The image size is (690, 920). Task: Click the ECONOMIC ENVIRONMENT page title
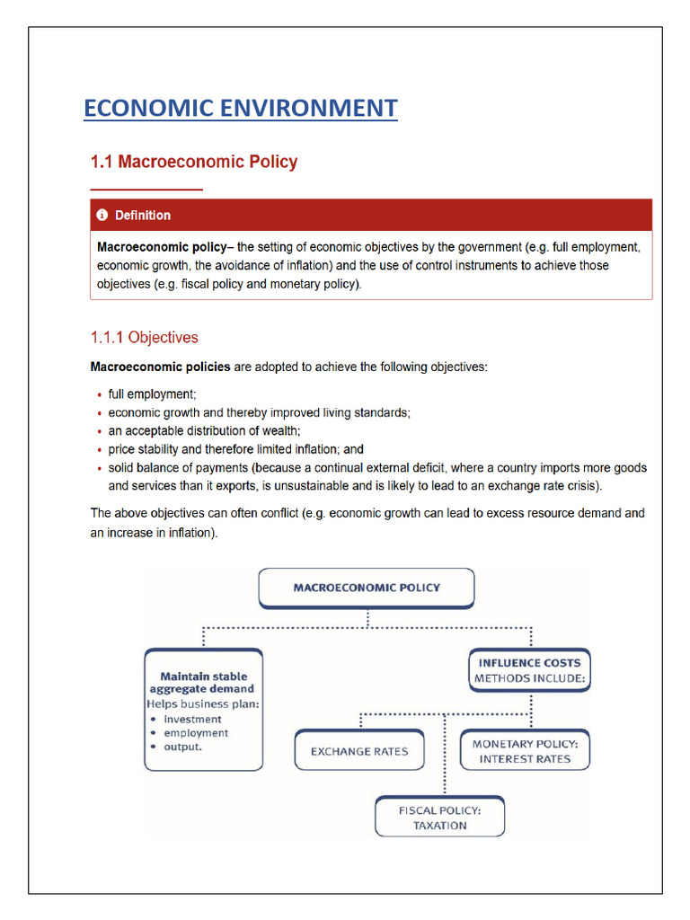click(240, 109)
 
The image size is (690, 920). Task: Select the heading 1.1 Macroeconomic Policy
click(193, 162)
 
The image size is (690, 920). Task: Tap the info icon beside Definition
click(102, 216)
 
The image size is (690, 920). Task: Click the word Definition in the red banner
click(142, 216)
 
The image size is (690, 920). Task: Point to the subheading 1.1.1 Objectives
click(144, 338)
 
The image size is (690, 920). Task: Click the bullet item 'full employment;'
click(151, 394)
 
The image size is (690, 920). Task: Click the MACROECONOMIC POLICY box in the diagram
click(367, 588)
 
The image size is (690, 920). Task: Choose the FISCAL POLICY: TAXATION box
click(440, 818)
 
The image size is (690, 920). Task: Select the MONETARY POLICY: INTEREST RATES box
click(526, 751)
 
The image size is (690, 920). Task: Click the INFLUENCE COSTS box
click(530, 670)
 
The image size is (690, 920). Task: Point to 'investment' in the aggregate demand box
click(192, 719)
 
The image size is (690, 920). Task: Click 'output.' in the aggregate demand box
click(183, 747)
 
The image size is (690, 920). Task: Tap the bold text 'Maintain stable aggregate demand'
click(203, 683)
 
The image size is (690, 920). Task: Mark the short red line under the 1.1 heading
click(146, 190)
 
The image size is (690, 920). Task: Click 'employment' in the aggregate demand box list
click(196, 733)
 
